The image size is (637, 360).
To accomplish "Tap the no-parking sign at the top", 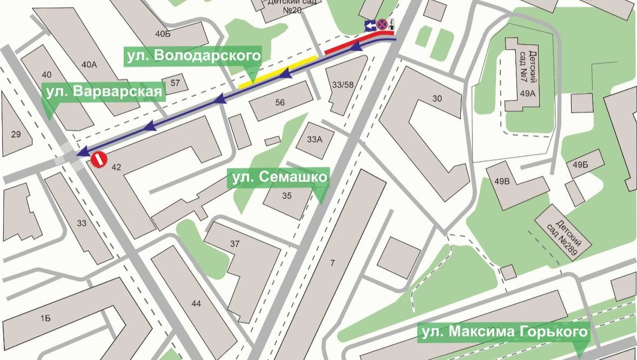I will tap(382, 24).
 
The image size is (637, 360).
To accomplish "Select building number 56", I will tap(280, 103).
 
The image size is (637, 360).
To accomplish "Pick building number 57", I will tap(175, 83).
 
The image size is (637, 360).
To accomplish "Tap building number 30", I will tap(437, 98).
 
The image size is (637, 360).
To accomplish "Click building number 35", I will tap(286, 196).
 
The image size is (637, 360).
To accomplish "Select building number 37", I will tap(234, 244).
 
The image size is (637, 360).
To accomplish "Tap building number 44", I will tap(196, 304).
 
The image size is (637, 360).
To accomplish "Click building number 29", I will tap(15, 134).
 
